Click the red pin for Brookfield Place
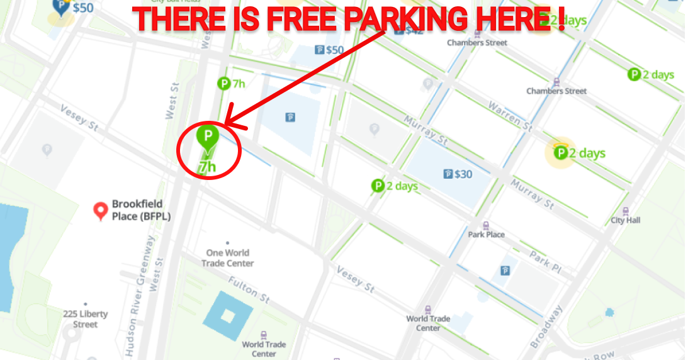click(100, 210)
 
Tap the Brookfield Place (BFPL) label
click(141, 210)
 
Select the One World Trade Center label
click(228, 258)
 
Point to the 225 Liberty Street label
click(85, 319)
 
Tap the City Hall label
click(625, 220)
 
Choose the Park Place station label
click(486, 234)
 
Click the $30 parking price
click(463, 174)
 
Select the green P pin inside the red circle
click(207, 136)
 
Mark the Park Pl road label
click(545, 260)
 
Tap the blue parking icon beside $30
click(448, 174)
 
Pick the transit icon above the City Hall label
click(625, 211)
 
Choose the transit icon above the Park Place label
click(486, 225)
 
